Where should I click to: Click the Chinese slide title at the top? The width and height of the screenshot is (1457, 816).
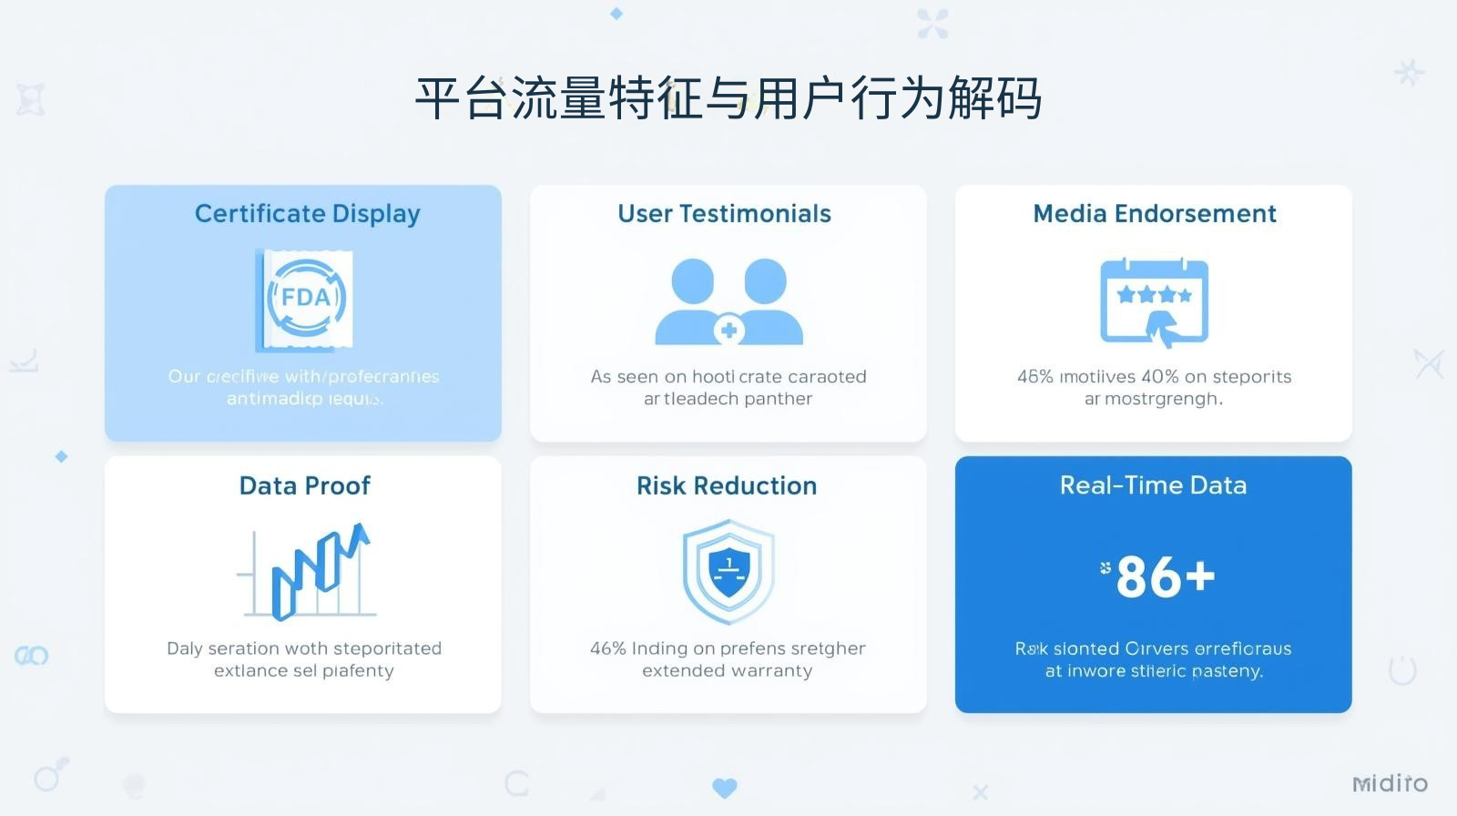728,98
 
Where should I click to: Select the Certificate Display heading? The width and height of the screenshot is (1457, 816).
307,214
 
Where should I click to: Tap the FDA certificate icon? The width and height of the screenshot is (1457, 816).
305,299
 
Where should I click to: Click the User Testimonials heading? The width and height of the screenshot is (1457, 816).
724,214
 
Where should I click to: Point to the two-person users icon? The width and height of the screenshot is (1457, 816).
728,301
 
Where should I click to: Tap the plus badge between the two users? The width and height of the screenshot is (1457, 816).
728,331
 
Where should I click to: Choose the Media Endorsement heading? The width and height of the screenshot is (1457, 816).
1154,214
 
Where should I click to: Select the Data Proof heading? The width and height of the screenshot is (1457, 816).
304,485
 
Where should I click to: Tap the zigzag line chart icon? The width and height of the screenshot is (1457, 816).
314,571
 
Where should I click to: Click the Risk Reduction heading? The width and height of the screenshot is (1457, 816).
726,485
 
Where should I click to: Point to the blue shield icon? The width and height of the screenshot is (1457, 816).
728,571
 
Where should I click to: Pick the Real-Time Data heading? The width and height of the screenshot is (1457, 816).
1153,485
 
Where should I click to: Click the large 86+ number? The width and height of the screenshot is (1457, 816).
1165,577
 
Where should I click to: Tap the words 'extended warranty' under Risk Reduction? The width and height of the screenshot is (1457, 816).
727,671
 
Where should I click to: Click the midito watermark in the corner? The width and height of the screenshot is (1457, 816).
1390,783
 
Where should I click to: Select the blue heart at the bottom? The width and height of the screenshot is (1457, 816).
725,788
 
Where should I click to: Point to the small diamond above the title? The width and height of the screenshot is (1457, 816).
616,14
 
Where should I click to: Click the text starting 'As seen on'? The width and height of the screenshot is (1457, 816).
728,377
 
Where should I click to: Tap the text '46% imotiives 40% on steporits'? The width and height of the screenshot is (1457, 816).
1154,377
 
